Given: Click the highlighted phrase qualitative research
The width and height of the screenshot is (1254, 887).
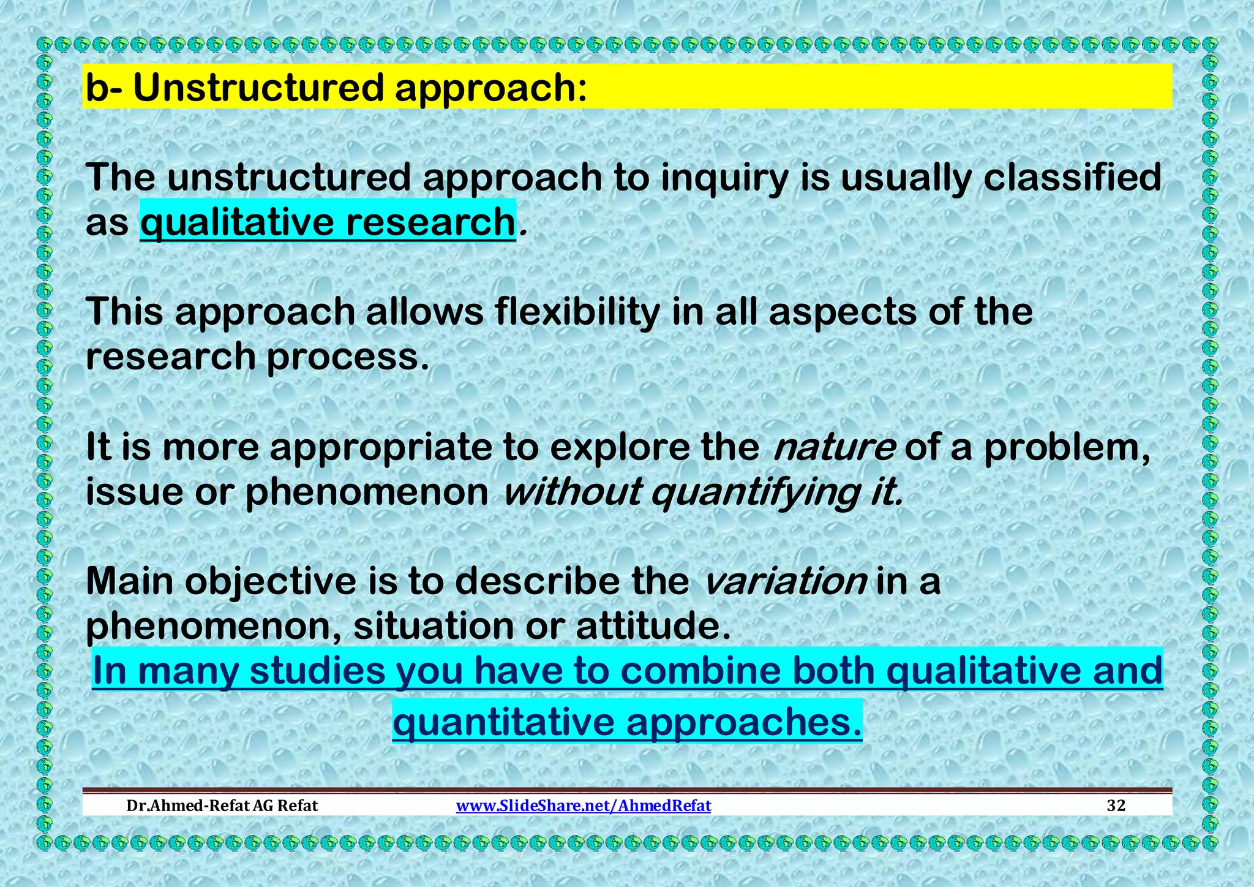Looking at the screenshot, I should (328, 222).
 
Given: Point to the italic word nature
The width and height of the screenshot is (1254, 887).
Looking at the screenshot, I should (833, 447).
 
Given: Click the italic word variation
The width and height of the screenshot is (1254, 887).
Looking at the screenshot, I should (786, 581).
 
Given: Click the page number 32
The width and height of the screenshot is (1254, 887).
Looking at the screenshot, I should (1116, 806).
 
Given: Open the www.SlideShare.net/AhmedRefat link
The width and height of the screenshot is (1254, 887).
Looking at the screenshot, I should (584, 806).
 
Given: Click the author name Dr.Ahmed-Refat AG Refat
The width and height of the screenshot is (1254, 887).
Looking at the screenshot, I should (222, 806).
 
